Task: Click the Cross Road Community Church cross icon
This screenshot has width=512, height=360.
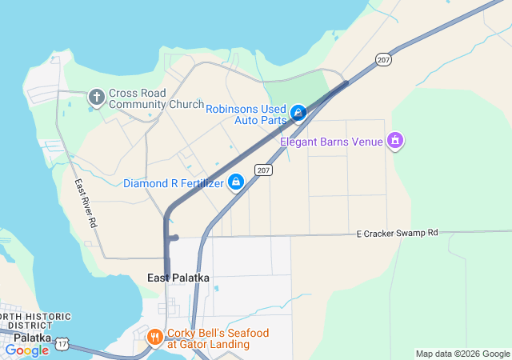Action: [97, 98]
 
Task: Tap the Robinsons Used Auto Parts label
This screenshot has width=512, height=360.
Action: [246, 114]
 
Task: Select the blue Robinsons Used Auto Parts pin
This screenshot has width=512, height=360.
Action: [298, 114]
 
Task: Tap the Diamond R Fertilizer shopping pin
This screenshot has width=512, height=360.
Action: [236, 183]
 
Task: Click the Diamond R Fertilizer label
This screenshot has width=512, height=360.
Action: [173, 183]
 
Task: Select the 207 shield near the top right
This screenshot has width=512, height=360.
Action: [383, 59]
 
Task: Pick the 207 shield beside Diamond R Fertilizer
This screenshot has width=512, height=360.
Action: [264, 170]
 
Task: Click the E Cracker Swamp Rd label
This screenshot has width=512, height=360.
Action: [398, 233]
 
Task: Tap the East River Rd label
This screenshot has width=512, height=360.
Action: [86, 205]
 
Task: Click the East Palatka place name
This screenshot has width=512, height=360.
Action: [178, 278]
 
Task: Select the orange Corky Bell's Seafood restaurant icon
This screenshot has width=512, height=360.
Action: [155, 338]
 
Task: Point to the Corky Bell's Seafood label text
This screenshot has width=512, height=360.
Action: [218, 338]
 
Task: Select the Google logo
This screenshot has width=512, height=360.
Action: [26, 350]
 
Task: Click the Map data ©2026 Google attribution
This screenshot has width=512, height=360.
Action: [462, 354]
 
